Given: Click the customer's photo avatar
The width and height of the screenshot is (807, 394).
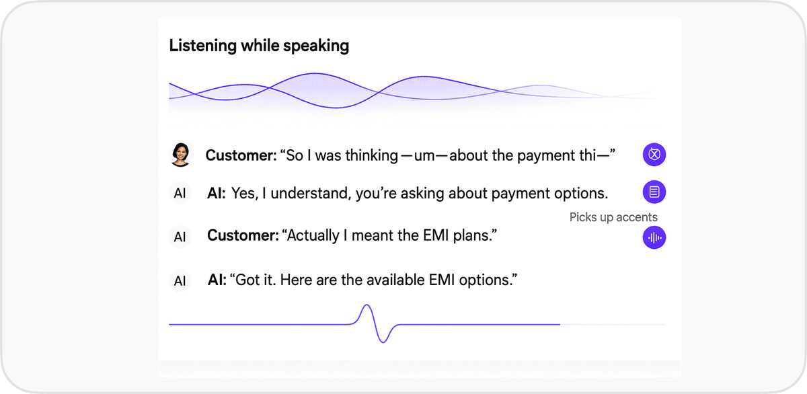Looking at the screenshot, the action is tap(180, 155).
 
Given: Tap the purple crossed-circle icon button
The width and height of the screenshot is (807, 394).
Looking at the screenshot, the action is tap(654, 155).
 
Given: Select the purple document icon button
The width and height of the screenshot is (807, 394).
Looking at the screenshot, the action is tap(654, 192).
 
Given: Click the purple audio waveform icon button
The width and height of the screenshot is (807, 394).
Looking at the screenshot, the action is tap(654, 237).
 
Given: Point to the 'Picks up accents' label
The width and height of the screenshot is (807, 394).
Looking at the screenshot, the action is tap(613, 217).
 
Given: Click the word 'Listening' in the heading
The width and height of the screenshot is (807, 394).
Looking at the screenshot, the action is tap(202, 46).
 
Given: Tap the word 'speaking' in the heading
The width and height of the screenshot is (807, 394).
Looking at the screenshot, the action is tap(315, 46).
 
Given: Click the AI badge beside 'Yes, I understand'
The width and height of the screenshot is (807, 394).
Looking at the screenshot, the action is tap(180, 193).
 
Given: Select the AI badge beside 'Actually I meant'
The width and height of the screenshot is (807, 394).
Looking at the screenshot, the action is tap(180, 237).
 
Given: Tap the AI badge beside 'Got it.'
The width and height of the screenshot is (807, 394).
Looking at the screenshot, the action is tap(180, 280).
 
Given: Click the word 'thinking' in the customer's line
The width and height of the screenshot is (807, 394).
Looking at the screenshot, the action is tap(371, 155).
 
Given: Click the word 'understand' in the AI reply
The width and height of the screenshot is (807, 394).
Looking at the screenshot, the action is tap(311, 194).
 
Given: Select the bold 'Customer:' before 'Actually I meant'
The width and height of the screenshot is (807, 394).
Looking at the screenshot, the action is tap(243, 235).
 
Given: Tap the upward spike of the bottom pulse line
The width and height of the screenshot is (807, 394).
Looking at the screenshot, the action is tap(367, 306).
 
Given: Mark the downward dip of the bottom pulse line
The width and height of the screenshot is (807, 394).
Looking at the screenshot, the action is tap(383, 341).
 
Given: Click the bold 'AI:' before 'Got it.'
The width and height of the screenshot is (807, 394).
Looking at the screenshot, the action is tap(217, 280).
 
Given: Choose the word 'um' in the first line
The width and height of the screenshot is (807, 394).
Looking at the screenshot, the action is tap(425, 156).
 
